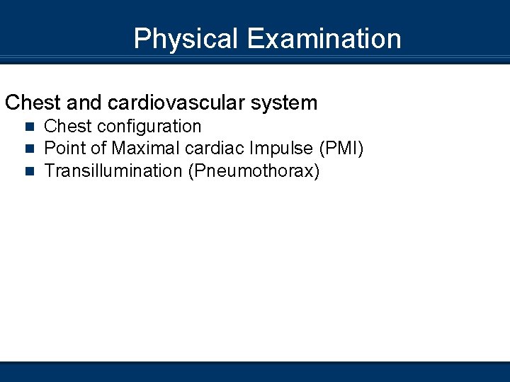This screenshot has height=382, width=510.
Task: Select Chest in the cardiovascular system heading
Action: tap(34, 103)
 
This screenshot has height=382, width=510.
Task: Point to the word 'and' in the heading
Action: tap(86, 103)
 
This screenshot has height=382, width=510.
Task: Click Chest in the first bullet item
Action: tap(68, 127)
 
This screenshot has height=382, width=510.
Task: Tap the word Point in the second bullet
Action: tap(64, 149)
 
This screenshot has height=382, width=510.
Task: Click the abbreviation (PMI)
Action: tap(341, 149)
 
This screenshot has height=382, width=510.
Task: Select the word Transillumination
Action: tap(113, 170)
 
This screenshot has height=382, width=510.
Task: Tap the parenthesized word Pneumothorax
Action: tap(254, 170)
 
